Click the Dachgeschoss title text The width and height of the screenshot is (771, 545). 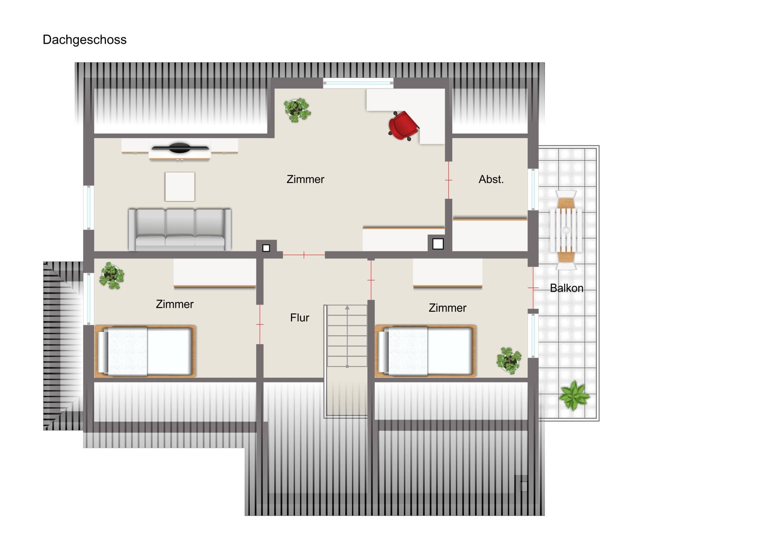point(84,40)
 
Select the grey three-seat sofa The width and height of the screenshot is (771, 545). point(180,230)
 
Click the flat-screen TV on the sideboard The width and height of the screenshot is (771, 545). point(180,148)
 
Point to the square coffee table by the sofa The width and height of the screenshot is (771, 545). point(180,187)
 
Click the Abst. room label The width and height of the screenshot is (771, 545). point(491,179)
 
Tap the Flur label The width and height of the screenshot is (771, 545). point(300,318)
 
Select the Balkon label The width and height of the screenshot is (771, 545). point(567,288)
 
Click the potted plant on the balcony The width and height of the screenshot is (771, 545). point(574,396)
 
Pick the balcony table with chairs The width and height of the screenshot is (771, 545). point(566,230)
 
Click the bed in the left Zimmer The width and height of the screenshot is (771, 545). point(145,351)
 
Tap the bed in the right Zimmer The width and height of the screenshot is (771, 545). point(425,351)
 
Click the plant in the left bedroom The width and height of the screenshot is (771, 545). point(112,276)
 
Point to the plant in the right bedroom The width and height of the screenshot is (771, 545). point(509,360)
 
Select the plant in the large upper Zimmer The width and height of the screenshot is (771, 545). point(297,110)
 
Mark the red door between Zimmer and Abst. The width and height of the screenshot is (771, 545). point(449,180)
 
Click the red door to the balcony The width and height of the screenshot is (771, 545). point(533,288)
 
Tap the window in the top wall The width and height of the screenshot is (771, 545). point(358,83)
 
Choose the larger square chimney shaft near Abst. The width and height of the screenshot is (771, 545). point(438,244)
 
